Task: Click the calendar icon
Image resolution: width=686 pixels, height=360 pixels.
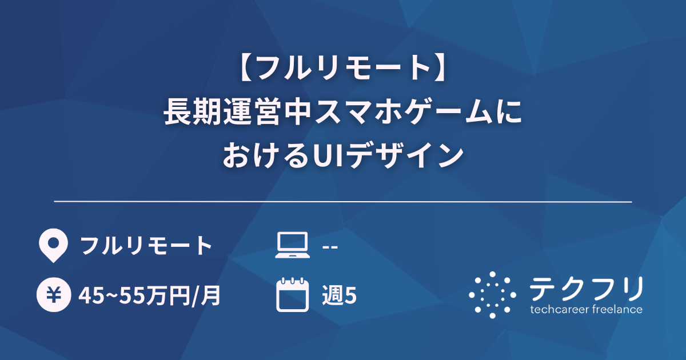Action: tap(292, 295)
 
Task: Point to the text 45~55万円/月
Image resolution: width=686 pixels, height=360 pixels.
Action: tap(150, 295)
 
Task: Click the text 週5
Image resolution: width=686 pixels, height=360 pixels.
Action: tap(340, 295)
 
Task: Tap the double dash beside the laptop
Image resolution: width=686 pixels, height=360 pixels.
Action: tap(330, 246)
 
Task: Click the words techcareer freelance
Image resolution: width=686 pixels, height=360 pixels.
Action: tap(587, 310)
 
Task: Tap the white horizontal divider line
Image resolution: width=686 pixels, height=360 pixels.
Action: tap(343, 202)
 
